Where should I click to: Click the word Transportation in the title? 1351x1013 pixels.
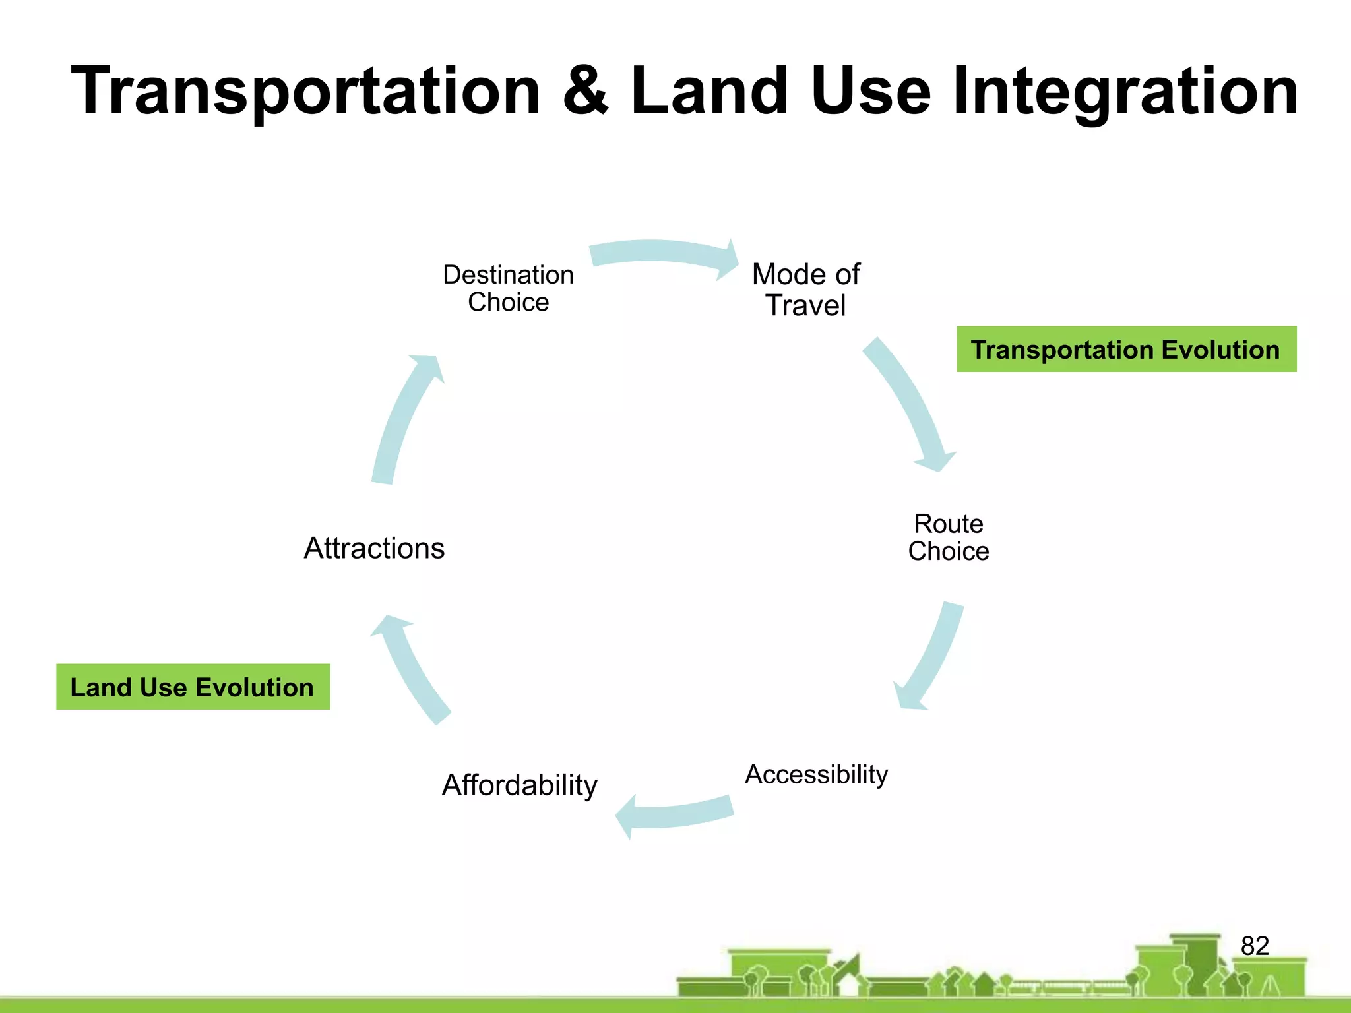305,92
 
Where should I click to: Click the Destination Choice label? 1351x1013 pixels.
508,288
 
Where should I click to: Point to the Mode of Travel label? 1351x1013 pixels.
805,290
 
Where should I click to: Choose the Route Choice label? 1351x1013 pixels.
948,537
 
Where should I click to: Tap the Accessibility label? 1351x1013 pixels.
816,774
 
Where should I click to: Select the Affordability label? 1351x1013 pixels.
519,785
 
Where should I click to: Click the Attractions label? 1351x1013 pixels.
374,548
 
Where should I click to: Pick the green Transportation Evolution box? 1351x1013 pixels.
1126,350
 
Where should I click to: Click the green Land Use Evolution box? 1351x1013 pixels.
193,687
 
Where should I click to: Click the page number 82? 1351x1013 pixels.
1255,946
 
